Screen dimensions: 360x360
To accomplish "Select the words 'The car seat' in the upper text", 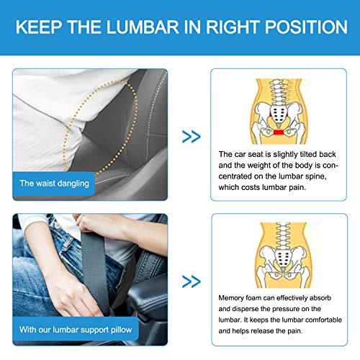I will pos(240,153).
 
